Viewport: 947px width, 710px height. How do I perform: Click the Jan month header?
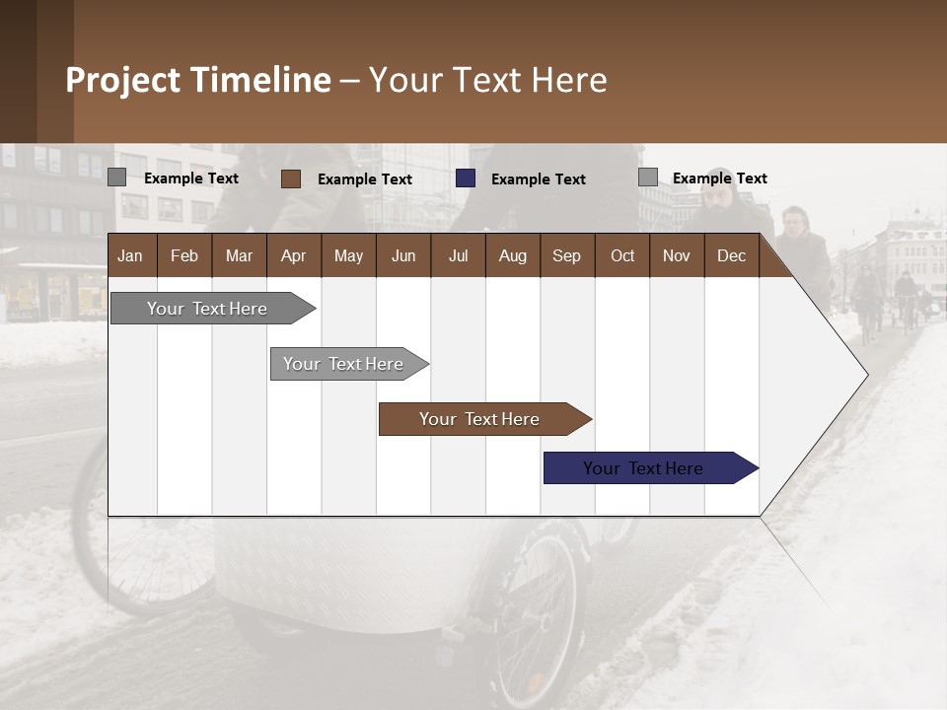click(x=131, y=255)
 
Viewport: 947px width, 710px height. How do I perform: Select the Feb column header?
click(x=184, y=255)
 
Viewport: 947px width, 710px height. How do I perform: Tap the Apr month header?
click(x=294, y=255)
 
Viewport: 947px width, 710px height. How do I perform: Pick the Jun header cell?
click(x=403, y=255)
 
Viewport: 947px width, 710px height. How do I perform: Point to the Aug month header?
click(x=513, y=255)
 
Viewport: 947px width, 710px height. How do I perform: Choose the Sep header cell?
click(x=567, y=255)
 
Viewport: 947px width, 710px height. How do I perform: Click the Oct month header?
click(x=622, y=255)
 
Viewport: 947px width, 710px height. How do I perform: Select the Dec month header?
click(x=732, y=255)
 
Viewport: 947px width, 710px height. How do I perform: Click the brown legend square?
click(x=291, y=178)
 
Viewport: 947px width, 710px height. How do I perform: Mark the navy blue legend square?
click(x=466, y=178)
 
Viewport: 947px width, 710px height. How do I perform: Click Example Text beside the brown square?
click(x=365, y=179)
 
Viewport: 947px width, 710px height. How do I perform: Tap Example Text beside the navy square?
click(x=539, y=179)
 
